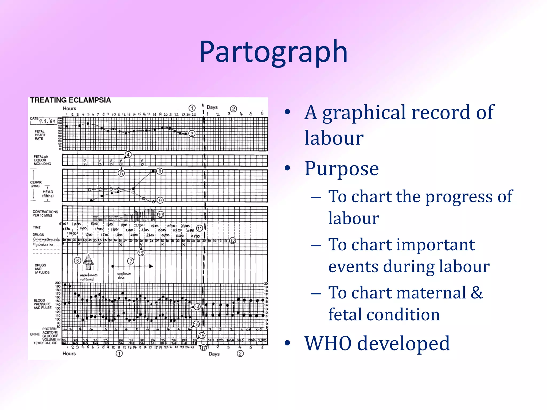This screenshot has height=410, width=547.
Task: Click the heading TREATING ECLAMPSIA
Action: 70,100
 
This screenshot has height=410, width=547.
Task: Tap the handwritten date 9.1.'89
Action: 47,121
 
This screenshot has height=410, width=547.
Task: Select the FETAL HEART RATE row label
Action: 40,135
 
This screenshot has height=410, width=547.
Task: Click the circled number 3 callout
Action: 192,133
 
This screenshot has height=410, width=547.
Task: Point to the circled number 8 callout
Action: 159,171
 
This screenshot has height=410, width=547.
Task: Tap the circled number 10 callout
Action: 160,215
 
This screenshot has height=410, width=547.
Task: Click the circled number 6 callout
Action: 77,261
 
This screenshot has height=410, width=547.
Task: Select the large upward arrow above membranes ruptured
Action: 88,262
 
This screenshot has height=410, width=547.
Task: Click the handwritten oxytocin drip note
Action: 123,275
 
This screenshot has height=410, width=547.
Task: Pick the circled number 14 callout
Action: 197,307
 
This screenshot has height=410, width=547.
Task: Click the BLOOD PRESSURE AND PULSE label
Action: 42,304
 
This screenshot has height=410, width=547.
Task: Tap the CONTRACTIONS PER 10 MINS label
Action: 45,214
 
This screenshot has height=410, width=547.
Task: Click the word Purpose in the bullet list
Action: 341,169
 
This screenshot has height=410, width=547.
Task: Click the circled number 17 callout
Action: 204,348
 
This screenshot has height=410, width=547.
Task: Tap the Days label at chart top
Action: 212,107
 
